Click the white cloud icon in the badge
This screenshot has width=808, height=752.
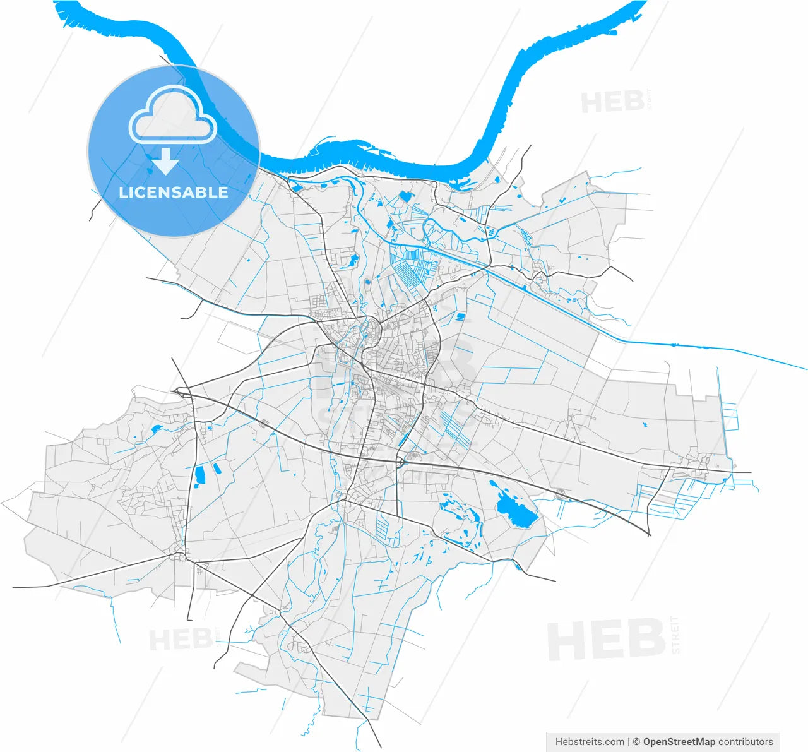172,116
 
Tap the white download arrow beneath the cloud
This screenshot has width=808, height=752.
165,162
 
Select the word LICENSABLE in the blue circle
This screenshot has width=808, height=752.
174,192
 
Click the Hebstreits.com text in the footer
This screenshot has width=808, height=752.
590,742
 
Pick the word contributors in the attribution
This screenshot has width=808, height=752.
746,742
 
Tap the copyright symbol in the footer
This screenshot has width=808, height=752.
637,742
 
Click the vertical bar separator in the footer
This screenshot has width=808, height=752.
629,742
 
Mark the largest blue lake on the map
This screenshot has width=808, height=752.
516,510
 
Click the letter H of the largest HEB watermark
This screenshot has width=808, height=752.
563,642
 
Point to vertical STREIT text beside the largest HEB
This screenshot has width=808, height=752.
675,635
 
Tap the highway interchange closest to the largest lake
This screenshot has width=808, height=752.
401,463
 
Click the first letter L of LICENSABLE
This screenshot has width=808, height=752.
122,193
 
